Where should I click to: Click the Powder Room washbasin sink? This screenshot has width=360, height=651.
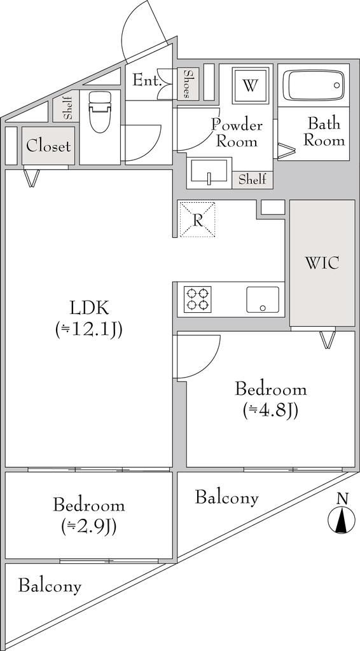tap(209, 172)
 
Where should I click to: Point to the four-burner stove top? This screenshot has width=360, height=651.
tap(197, 299)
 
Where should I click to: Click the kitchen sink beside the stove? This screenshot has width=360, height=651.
tap(263, 299)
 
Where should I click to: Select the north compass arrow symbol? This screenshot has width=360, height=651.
tap(342, 520)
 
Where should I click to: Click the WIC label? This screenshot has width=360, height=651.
tap(322, 263)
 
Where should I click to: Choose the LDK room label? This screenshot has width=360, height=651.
tap(90, 309)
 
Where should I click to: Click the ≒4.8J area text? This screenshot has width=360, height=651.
tap(270, 411)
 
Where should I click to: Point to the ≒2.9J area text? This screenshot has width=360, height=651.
tap(89, 527)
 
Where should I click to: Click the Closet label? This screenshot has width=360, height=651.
tap(48, 146)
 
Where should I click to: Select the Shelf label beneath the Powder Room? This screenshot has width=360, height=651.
tap(252, 180)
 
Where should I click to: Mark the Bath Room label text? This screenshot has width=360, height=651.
tap(324, 132)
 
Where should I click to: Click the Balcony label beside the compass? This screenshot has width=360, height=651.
tap(227, 497)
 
